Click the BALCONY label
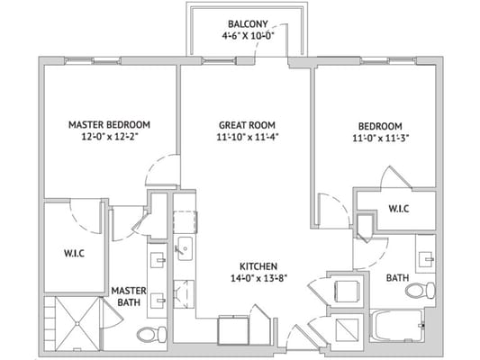(x=245, y=22)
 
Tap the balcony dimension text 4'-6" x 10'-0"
(x=245, y=37)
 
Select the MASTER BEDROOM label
(x=110, y=124)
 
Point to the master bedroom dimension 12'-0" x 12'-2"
(x=110, y=139)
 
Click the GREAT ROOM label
(x=246, y=125)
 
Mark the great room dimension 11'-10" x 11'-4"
(x=246, y=139)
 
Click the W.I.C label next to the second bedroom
(x=399, y=208)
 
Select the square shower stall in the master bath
(x=74, y=319)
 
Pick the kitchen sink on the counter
(x=184, y=247)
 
